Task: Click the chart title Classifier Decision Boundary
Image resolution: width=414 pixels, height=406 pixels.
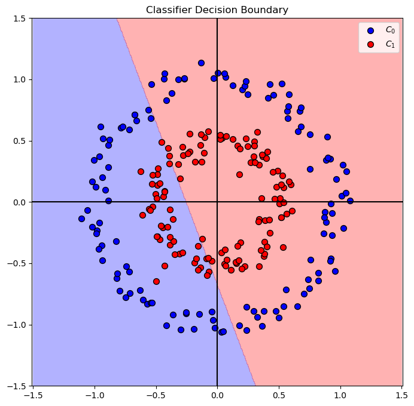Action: [217, 10]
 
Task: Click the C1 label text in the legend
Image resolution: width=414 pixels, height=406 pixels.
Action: [390, 44]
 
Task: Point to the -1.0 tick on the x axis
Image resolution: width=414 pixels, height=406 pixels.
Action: [94, 395]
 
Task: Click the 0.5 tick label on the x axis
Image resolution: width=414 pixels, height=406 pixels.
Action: [279, 395]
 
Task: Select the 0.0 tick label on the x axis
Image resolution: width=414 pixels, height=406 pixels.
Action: [217, 395]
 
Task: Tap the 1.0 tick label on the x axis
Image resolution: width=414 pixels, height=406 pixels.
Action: [340, 395]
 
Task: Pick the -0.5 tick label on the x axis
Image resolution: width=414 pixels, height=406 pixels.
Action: [156, 395]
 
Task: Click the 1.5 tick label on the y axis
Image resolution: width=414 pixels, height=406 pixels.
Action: [18, 19]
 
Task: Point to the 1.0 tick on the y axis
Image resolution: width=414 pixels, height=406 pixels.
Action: [18, 79]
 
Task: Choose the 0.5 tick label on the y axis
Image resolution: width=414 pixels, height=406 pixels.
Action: [18, 141]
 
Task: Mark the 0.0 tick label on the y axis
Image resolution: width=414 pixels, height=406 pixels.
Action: [18, 202]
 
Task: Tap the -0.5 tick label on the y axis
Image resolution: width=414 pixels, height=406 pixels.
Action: [16, 263]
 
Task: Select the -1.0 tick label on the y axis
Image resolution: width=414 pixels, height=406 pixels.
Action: [16, 325]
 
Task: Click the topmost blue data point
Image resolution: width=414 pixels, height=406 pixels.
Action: [201, 63]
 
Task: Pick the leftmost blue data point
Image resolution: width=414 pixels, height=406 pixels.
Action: [81, 219]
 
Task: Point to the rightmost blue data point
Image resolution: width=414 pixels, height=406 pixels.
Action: [350, 201]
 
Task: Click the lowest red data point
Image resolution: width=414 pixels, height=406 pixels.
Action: [156, 281]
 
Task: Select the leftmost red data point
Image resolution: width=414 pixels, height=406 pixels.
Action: [141, 171]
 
